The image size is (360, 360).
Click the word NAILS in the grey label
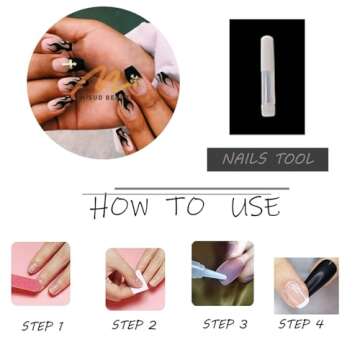(248, 159)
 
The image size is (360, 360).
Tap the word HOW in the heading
(117, 207)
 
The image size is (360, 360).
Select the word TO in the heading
(184, 207)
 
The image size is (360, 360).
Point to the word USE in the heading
(254, 207)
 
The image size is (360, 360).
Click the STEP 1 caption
(42, 325)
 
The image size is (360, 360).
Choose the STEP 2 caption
(134, 325)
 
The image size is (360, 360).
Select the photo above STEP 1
(41, 272)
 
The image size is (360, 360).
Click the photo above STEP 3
(223, 272)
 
